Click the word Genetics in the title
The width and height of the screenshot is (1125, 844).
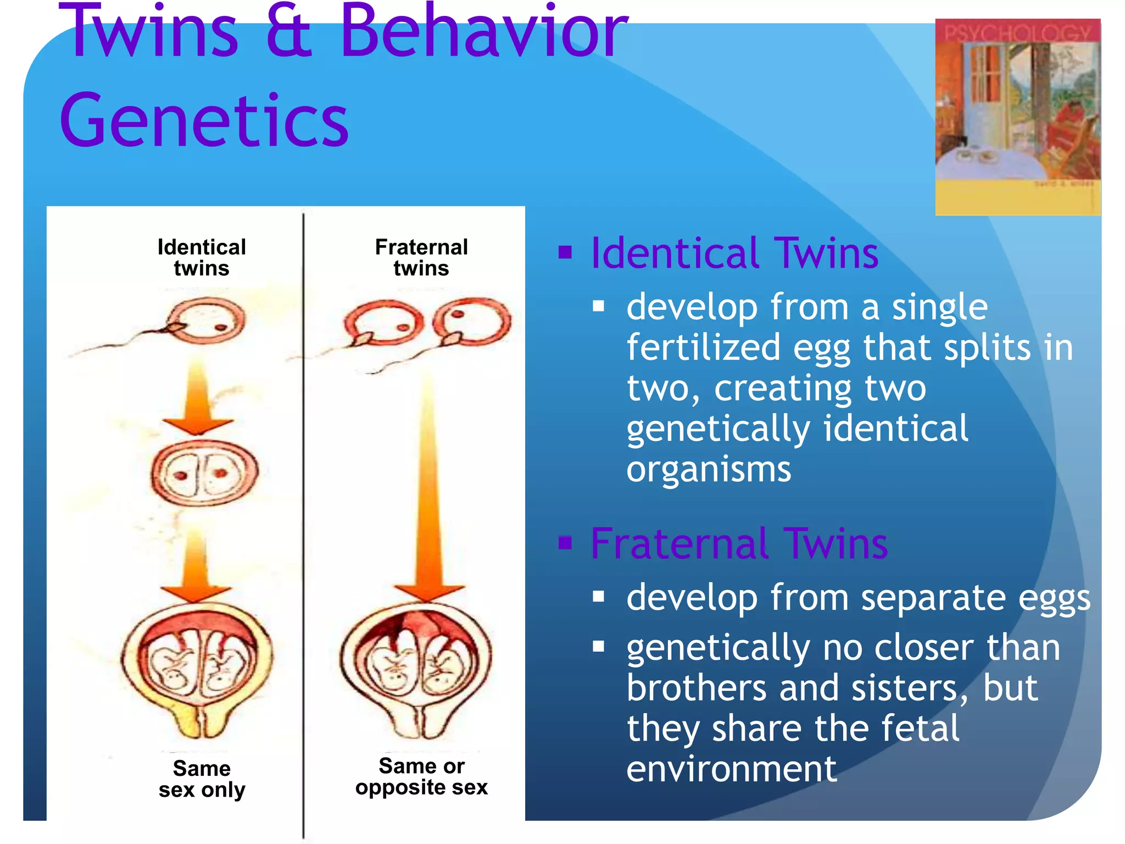(204, 121)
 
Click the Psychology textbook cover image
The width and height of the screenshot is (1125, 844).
(1017, 116)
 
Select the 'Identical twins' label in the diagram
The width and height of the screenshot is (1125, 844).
(202, 258)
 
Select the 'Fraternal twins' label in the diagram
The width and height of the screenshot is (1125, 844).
(421, 258)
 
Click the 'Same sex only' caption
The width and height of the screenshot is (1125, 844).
(202, 779)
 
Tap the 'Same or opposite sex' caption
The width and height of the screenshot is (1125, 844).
(421, 776)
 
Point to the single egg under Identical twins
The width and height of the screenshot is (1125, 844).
(206, 321)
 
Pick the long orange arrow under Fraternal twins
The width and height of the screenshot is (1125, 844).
(429, 495)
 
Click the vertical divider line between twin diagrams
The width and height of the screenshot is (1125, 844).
(303, 522)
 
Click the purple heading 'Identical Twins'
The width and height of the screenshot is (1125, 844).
(734, 253)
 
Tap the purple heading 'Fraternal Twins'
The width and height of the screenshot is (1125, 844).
(739, 543)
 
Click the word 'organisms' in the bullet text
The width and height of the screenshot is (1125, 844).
(709, 470)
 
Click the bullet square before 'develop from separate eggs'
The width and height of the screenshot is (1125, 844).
(599, 597)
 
